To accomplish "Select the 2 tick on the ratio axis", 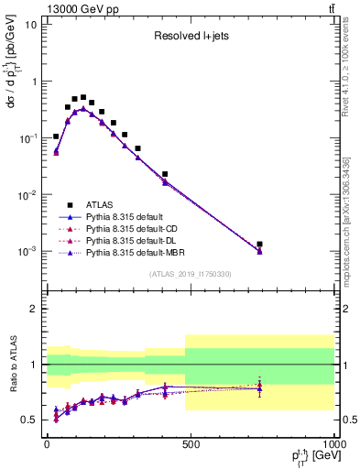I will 33,309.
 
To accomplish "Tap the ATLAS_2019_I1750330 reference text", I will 190,274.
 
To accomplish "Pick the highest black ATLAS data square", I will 83,97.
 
